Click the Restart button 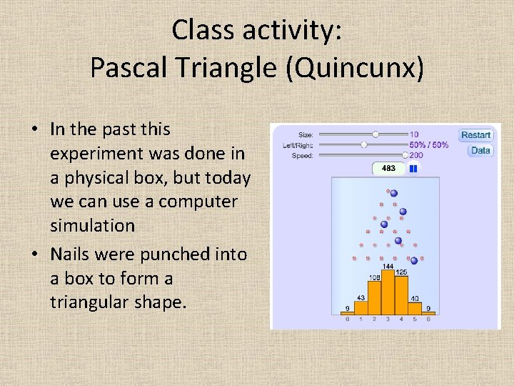click(475, 135)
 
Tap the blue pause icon click(412, 169)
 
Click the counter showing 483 click(389, 169)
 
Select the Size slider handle click(376, 134)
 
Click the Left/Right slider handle click(363, 144)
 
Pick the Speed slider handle click(405, 155)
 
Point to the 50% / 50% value click(429, 144)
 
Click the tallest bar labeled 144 click(388, 293)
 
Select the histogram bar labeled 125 click(401, 295)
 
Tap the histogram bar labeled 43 click(361, 308)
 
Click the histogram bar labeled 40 click(415, 309)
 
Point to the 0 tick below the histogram click(347, 320)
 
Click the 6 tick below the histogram click(428, 320)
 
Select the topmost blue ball click(393, 193)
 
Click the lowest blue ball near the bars click(414, 260)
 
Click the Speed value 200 click(416, 155)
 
